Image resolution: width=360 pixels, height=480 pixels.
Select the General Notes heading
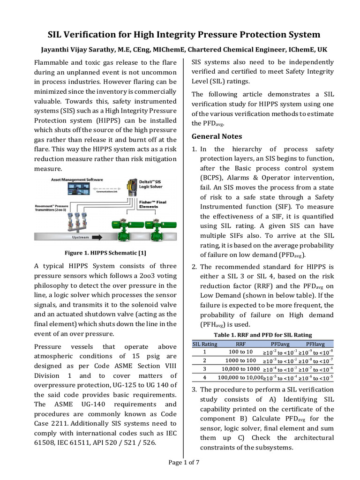[x=216, y=136]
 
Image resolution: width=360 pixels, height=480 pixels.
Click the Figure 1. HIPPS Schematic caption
[x=105, y=253]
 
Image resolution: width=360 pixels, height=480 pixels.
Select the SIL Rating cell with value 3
[x=204, y=369]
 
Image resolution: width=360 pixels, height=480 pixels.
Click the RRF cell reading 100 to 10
[x=240, y=352]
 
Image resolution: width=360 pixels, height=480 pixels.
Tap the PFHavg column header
[x=315, y=344]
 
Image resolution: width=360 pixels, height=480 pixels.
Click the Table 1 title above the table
[x=262, y=335]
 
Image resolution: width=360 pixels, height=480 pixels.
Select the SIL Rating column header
[x=205, y=344]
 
